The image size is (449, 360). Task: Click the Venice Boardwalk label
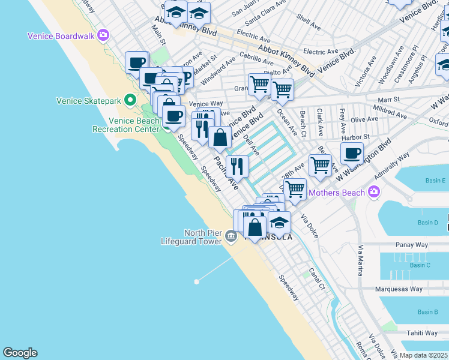click(61, 36)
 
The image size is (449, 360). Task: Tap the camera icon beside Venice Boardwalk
click(103, 36)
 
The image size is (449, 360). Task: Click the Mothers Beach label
click(337, 193)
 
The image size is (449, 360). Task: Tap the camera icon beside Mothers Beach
click(375, 192)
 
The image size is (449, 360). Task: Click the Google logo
click(20, 353)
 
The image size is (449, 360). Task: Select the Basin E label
click(435, 181)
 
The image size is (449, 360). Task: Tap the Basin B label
click(427, 312)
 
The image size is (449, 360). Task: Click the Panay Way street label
click(411, 245)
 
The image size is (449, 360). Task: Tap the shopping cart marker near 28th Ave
click(320, 164)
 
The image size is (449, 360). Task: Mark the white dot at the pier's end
click(196, 281)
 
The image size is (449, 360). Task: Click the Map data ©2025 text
click(423, 355)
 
